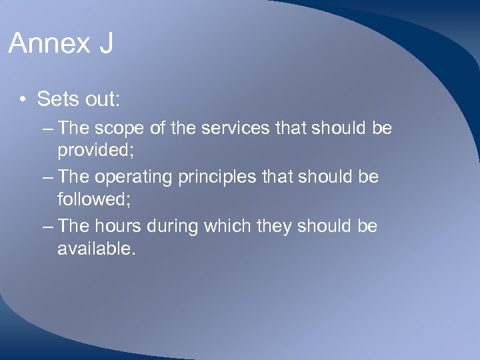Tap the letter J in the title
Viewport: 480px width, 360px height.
coord(105,44)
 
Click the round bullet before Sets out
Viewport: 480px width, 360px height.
coord(23,100)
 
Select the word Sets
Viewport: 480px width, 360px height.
coord(55,99)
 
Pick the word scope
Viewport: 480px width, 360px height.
coord(119,128)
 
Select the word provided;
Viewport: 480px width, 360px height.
coord(96,150)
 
